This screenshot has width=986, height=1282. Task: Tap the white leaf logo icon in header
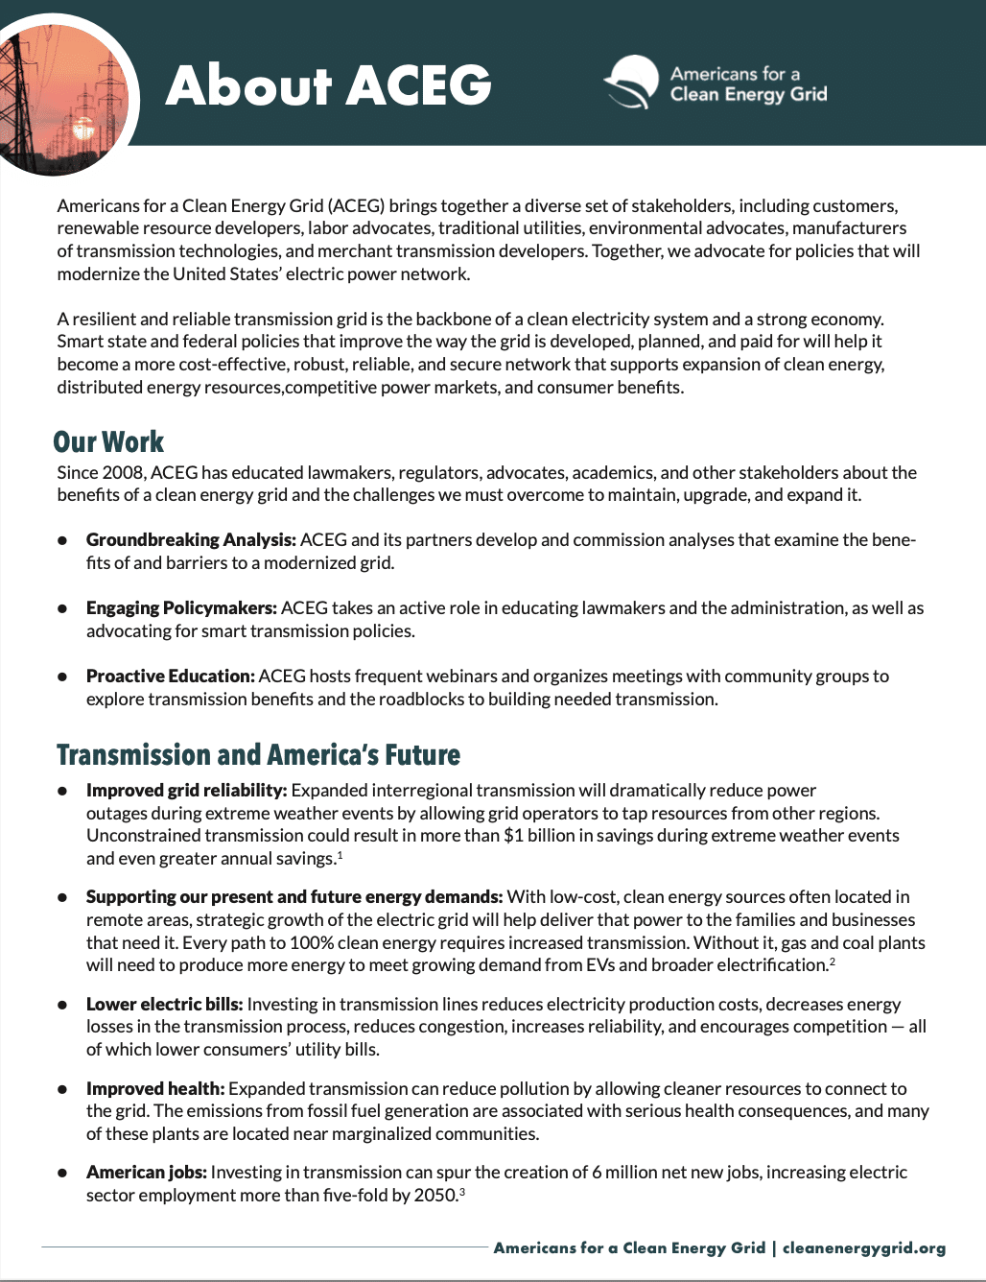(631, 83)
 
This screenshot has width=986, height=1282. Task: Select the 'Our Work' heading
(108, 441)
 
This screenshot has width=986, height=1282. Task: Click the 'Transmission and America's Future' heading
(258, 754)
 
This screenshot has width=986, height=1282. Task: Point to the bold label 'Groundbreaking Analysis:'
(191, 540)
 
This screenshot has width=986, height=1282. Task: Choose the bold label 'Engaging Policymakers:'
(181, 608)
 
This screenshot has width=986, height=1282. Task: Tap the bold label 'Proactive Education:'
(170, 677)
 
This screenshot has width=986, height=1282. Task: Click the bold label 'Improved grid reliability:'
(186, 791)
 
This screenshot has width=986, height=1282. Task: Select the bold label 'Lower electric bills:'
(164, 1005)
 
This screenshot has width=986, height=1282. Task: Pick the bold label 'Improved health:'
(155, 1089)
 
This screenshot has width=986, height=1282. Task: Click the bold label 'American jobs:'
(146, 1173)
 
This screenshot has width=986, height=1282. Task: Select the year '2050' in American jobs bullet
(435, 1196)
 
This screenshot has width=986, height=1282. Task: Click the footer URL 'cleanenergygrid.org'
(863, 1247)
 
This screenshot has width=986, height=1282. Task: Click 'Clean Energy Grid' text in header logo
(748, 94)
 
